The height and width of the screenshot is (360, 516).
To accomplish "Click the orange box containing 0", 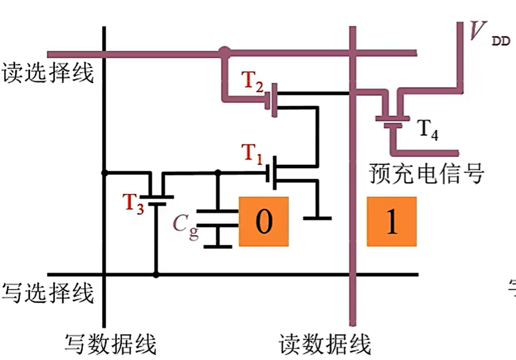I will (x=263, y=221).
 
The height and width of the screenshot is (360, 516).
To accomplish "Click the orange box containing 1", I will (x=391, y=221).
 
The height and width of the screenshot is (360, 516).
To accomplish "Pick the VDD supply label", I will (x=485, y=33).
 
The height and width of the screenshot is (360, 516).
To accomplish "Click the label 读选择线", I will (x=47, y=73).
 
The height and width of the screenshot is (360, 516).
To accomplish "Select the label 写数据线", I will (x=110, y=344).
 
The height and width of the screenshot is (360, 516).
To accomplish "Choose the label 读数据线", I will (x=325, y=344).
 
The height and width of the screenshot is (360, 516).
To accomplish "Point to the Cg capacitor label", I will (x=186, y=226).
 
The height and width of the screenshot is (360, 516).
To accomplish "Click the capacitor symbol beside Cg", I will (x=217, y=227).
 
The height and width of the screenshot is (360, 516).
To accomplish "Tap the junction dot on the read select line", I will (x=224, y=53).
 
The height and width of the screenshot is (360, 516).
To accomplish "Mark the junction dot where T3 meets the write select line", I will (x=156, y=275).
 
